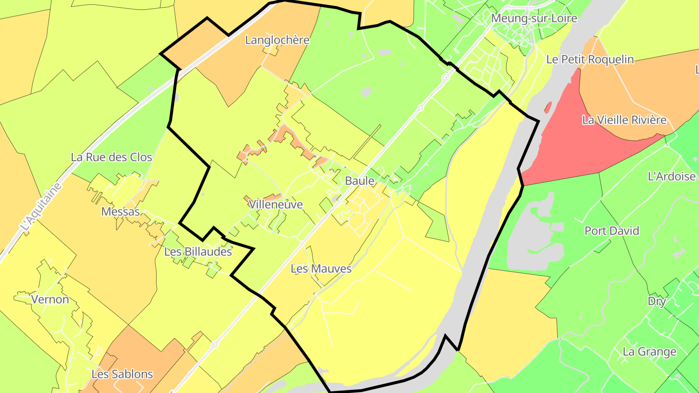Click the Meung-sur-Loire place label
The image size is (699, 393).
[x=534, y=18]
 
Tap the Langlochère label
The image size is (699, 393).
[x=277, y=40]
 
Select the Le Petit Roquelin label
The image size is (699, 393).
[x=590, y=60]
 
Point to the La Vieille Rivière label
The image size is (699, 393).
[x=624, y=120]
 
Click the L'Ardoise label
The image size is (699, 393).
[x=672, y=176]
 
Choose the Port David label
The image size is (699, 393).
[x=612, y=231]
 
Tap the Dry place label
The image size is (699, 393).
[x=657, y=301]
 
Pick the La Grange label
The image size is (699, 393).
[x=649, y=352]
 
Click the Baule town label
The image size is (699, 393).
[x=360, y=181]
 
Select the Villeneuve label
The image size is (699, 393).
[x=276, y=205]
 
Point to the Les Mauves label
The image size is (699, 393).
[x=321, y=268]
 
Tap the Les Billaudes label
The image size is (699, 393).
[x=198, y=252]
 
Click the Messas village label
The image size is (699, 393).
[x=120, y=212]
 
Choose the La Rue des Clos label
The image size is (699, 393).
[x=111, y=157]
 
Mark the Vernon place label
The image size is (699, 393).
[x=50, y=299]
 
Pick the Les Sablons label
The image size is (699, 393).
[x=122, y=374]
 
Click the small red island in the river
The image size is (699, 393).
[x=548, y=107]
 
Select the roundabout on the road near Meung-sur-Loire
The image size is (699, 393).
[x=445, y=77]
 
